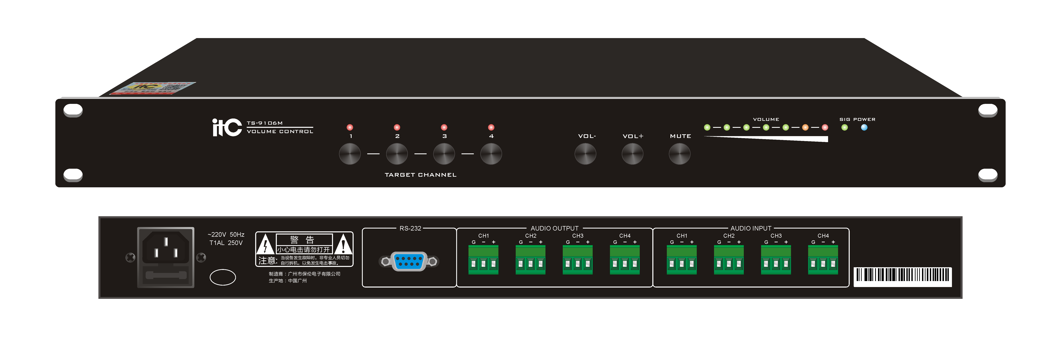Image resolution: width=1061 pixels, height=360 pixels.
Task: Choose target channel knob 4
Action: click(x=491, y=154)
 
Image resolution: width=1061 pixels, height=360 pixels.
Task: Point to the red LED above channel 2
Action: click(x=397, y=127)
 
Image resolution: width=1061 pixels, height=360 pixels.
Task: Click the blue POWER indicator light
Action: click(x=864, y=127)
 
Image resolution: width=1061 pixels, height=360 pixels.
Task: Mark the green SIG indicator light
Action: click(x=844, y=127)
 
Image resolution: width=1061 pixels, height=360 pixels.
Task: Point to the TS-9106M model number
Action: click(x=265, y=123)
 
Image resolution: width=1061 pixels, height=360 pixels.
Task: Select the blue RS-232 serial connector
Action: click(x=409, y=261)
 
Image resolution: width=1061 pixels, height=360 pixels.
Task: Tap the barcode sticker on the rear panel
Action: click(x=902, y=276)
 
